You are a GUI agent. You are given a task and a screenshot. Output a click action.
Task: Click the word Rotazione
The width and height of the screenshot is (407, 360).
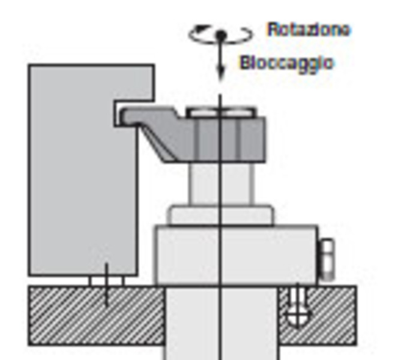tap(309, 29)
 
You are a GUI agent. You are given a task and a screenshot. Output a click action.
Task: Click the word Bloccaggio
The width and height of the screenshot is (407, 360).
tap(286, 62)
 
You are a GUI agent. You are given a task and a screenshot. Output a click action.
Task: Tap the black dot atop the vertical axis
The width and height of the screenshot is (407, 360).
tap(221, 35)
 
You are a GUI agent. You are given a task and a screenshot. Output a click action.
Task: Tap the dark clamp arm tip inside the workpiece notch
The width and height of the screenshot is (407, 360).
tap(129, 116)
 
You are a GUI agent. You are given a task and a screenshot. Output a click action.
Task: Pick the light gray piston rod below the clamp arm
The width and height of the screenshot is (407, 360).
tap(220, 184)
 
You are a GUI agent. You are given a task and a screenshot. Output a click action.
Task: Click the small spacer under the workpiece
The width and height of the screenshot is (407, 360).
tap(106, 281)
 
